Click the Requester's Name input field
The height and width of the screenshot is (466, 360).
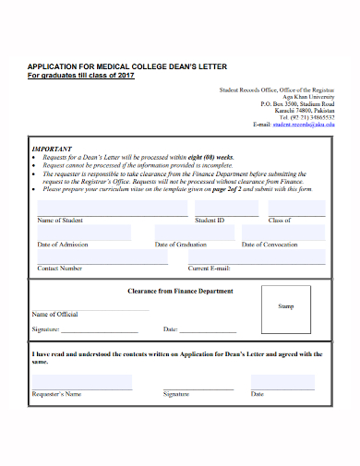tap(82, 381)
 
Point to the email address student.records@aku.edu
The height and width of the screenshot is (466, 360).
tap(304, 125)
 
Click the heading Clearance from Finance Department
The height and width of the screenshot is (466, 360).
tap(179, 291)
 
